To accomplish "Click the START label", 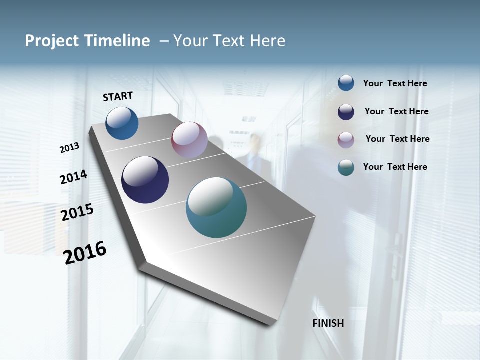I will [x=118, y=96].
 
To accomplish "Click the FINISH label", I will [x=328, y=323].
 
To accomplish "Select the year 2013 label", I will [x=70, y=148].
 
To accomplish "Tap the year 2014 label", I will [x=73, y=177].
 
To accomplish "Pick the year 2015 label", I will [x=77, y=213].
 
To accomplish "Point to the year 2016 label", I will [x=85, y=253].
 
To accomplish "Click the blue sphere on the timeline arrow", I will [x=122, y=123].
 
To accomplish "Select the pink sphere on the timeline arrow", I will [x=189, y=140].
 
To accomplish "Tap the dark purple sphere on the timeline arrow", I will [x=145, y=180].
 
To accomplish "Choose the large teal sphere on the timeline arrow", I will [x=216, y=207].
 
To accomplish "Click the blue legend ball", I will [x=346, y=83].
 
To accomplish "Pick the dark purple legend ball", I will [x=346, y=112].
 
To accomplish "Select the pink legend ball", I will [x=346, y=140].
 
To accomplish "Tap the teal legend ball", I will [x=346, y=167].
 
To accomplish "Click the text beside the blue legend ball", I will [x=395, y=84].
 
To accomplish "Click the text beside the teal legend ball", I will [x=395, y=167].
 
